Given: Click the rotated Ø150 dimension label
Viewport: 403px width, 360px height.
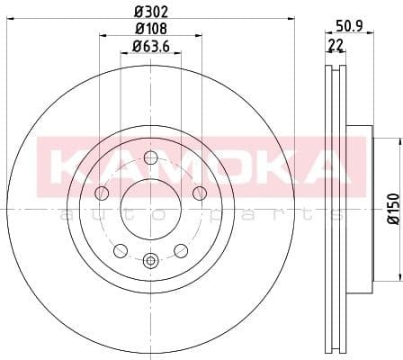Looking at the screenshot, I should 393,208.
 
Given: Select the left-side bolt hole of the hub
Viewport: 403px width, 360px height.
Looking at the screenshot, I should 102,193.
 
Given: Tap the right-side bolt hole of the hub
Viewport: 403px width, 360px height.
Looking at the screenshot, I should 199,193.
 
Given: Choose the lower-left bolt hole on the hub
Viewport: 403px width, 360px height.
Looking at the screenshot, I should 120,249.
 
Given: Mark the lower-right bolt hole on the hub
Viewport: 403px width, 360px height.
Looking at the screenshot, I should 181,249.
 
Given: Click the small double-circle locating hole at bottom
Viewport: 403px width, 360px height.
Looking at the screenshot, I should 150,261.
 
